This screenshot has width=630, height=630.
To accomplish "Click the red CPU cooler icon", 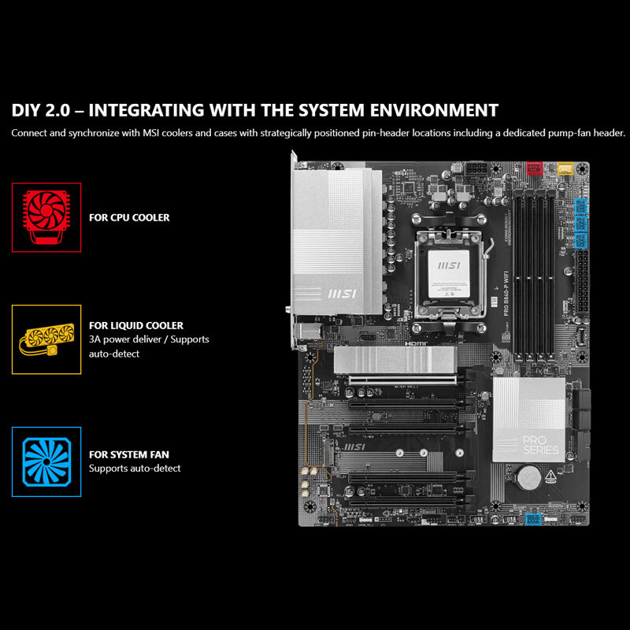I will [x=46, y=217].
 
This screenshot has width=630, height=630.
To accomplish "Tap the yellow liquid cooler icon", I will [x=46, y=339].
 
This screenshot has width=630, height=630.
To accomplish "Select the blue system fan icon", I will [x=46, y=461].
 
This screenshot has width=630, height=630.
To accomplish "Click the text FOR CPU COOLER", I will [x=129, y=217].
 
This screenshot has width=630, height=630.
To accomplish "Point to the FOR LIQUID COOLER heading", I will [x=136, y=325].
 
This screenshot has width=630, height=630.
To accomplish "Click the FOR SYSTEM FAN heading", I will [x=129, y=454].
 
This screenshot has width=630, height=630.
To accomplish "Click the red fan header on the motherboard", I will [x=535, y=169].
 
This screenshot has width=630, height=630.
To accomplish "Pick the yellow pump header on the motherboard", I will [x=562, y=168].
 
